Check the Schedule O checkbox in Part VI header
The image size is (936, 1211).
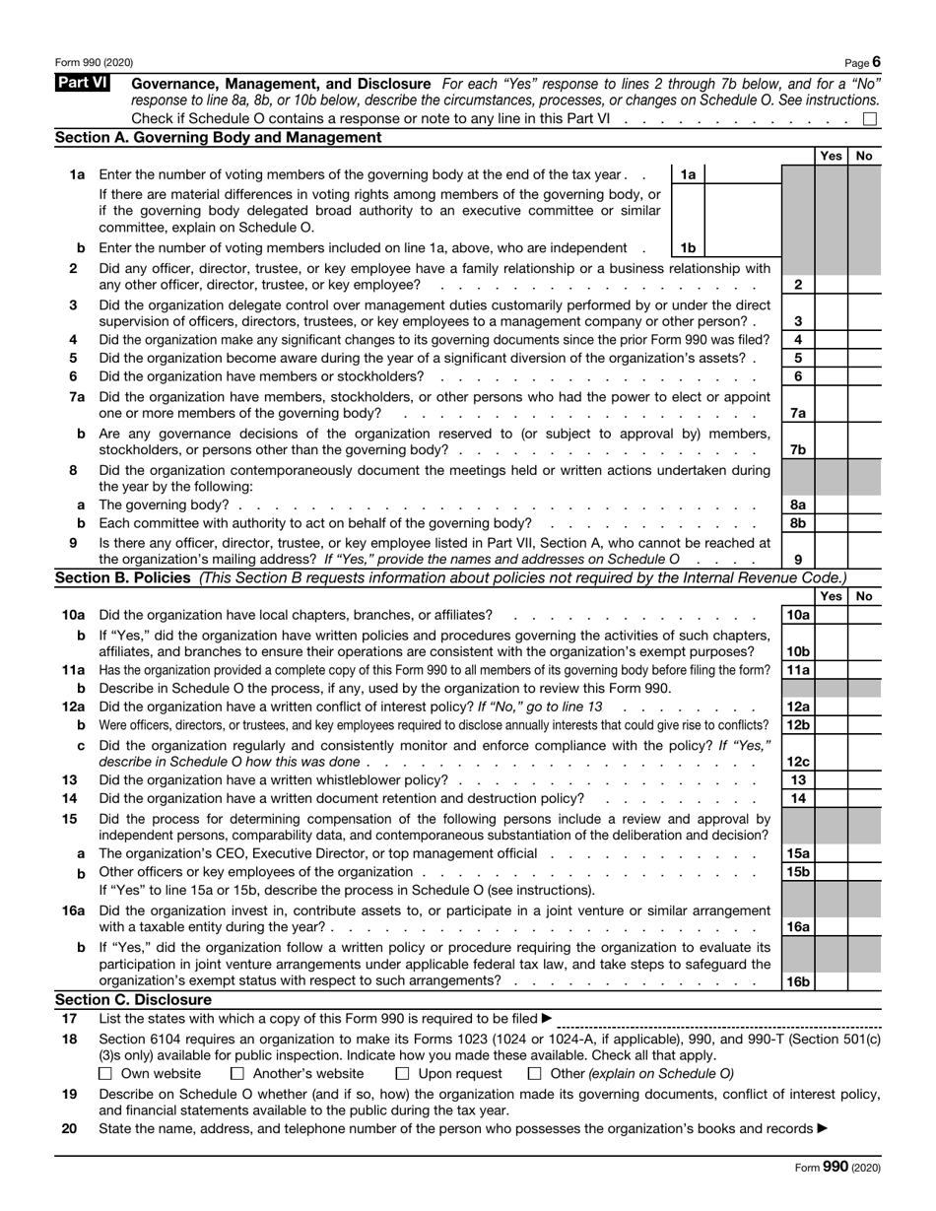[x=870, y=119]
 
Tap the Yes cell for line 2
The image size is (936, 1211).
[x=831, y=285]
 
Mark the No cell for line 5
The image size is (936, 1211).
[x=864, y=358]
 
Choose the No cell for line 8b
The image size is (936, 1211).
[x=864, y=523]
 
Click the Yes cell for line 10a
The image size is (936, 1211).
[x=831, y=615]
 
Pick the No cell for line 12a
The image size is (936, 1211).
[x=864, y=706]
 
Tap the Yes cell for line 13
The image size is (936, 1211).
[x=831, y=780]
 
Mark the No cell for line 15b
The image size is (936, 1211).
[x=864, y=872]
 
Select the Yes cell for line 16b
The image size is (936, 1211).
[x=831, y=981]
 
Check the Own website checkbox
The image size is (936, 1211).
[x=106, y=1074]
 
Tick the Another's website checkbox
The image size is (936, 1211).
[x=235, y=1074]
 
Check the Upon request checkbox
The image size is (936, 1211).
[x=402, y=1074]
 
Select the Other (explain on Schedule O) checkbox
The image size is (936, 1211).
[x=535, y=1074]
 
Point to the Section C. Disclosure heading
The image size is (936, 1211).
[x=133, y=1000]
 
